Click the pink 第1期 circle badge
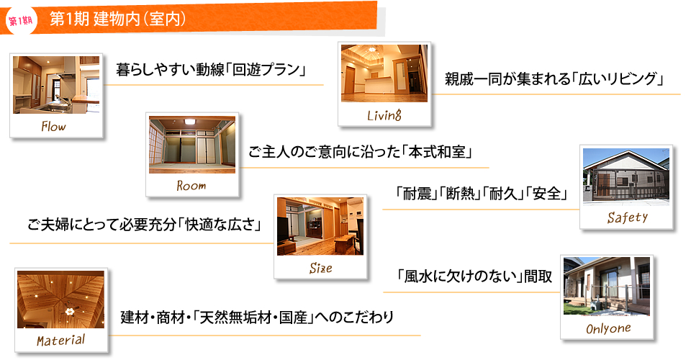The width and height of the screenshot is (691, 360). [x=21, y=20]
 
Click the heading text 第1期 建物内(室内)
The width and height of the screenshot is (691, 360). [x=117, y=19]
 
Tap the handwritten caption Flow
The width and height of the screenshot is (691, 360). [x=54, y=127]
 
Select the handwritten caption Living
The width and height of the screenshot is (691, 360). [x=384, y=115]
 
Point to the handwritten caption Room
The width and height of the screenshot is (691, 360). [x=191, y=186]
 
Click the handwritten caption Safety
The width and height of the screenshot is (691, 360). [x=627, y=217]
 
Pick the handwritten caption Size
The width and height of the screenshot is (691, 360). [x=320, y=268]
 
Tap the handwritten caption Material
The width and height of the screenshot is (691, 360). [x=60, y=340]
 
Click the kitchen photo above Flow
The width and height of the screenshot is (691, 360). [x=56, y=85]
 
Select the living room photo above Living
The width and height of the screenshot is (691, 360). [x=384, y=73]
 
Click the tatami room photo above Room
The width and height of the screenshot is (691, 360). [x=192, y=145]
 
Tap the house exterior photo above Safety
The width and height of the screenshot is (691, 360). [x=626, y=176]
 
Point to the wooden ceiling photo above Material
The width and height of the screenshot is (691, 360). [x=60, y=300]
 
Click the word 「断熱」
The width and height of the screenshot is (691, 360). [x=460, y=194]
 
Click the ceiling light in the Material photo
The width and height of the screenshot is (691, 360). [x=69, y=311]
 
